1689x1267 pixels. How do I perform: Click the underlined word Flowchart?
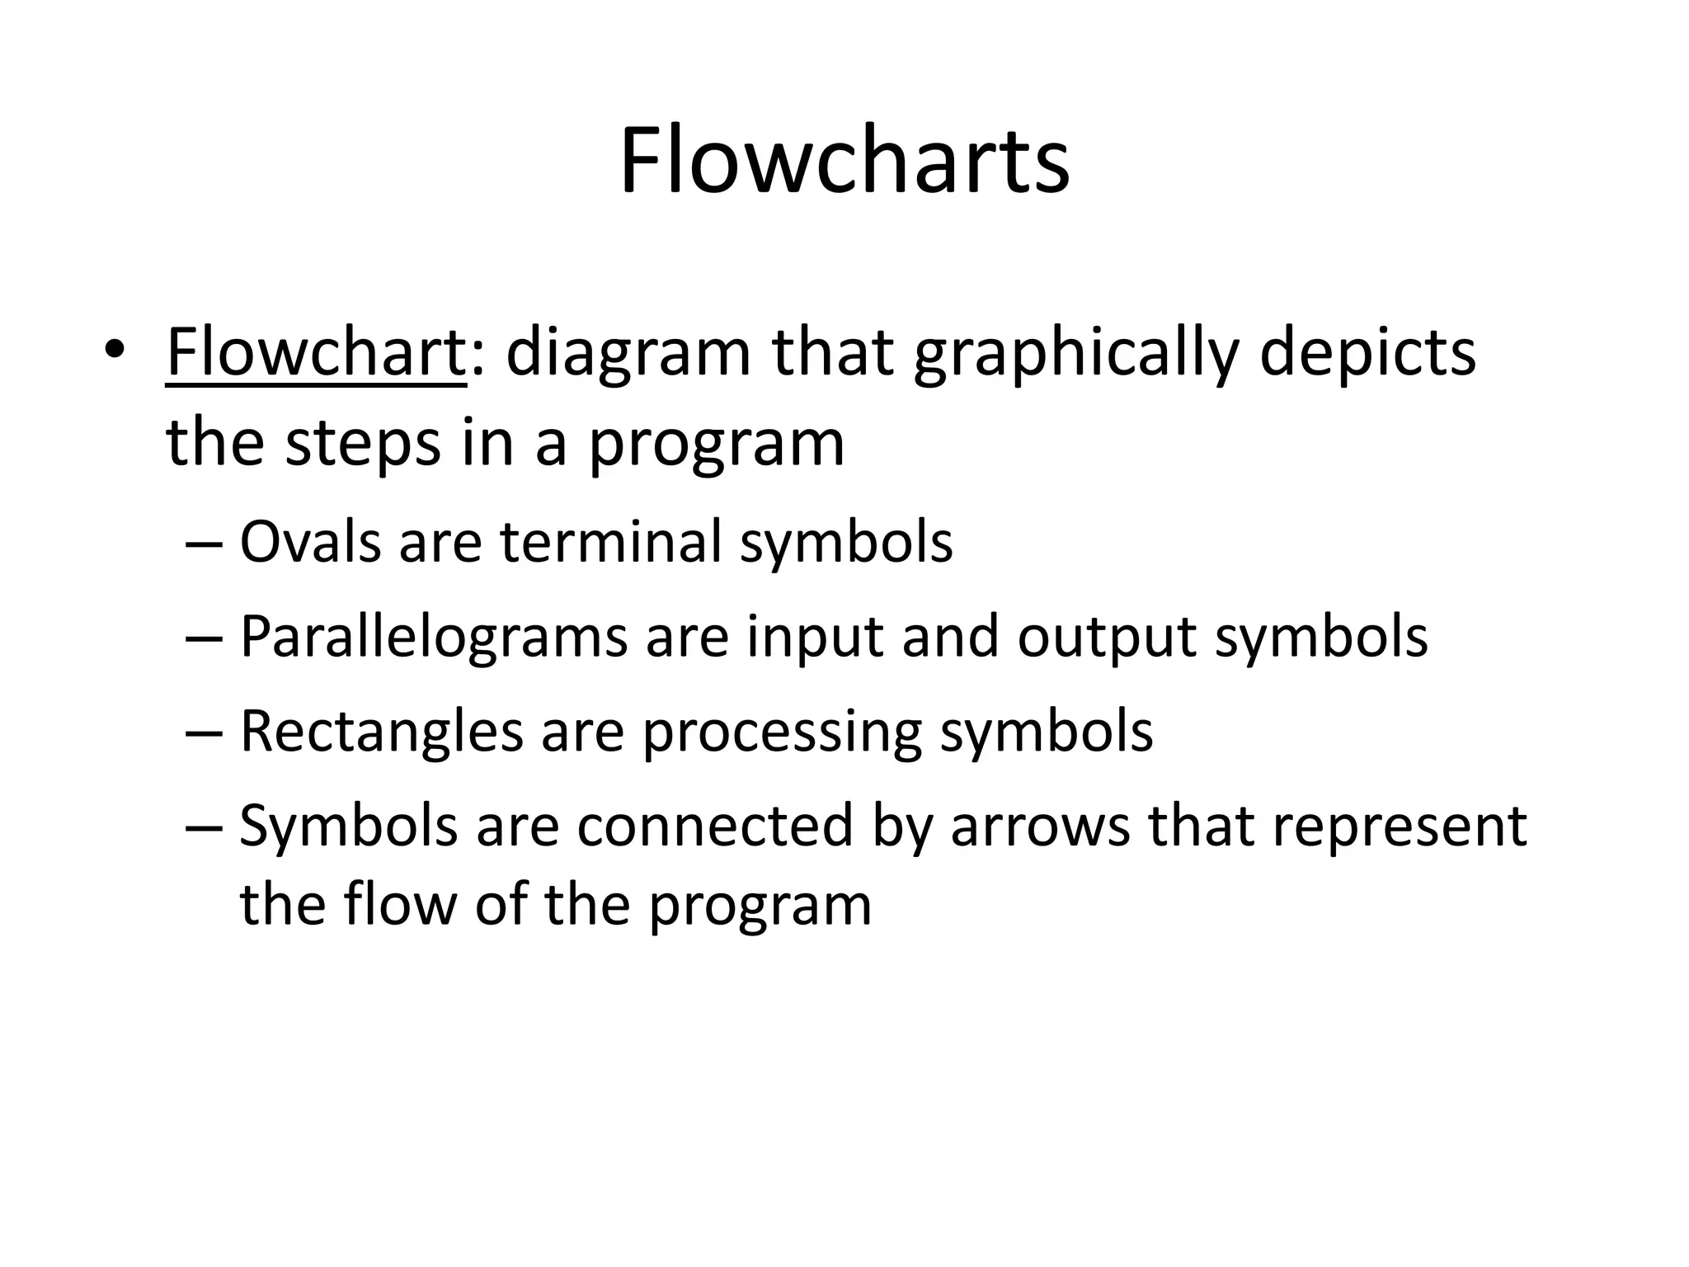click(316, 352)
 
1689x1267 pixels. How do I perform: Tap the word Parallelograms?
click(434, 637)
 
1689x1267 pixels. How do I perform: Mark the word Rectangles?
click(381, 732)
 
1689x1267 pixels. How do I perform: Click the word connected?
click(714, 826)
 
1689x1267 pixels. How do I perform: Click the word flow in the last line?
click(399, 904)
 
